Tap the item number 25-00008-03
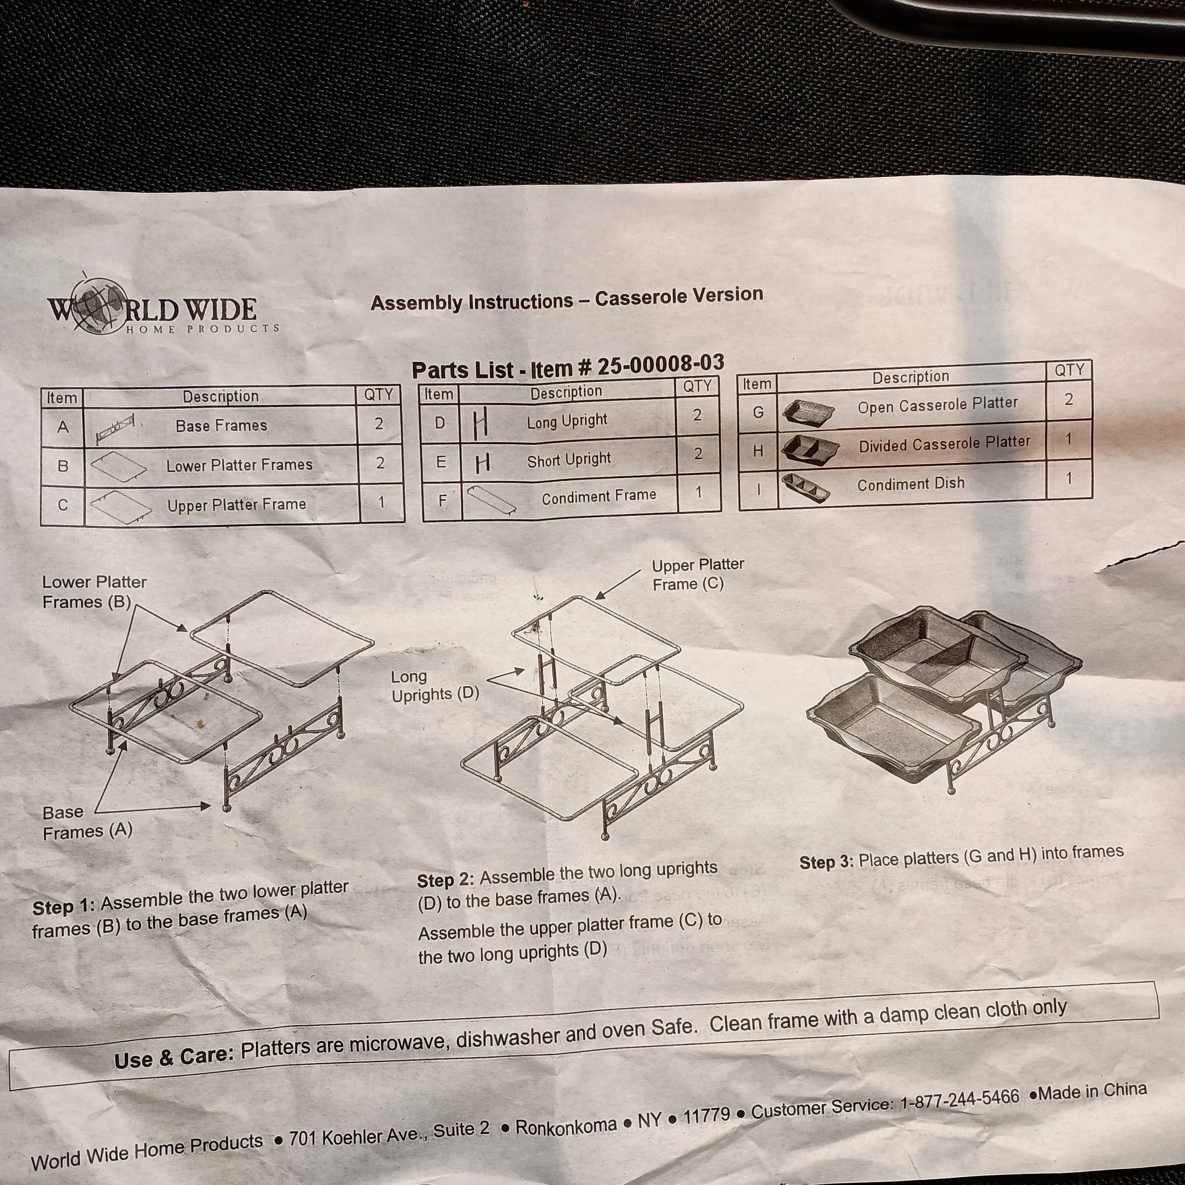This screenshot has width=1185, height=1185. coord(661,364)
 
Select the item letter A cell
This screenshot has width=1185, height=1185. coord(63,427)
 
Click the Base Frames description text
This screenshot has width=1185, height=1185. coord(222,425)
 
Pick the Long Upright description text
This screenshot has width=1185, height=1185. coord(567,421)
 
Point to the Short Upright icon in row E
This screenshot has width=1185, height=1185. coord(483,462)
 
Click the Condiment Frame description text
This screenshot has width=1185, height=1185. coord(599,496)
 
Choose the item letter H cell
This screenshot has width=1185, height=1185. coord(758,451)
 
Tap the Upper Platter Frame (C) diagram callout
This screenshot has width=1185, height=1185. coord(697,574)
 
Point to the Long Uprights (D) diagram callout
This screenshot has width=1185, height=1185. coord(435,685)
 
